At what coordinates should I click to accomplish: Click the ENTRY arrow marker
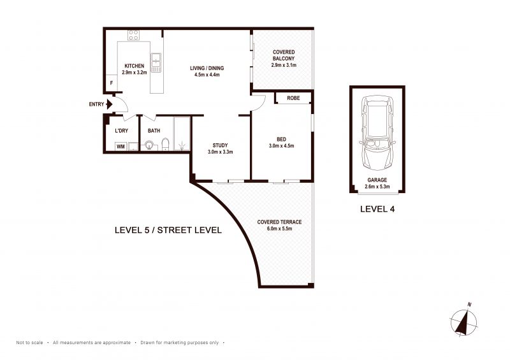(x=109, y=104)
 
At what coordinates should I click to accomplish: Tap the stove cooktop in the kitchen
(x=134, y=35)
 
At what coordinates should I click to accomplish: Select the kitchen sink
(x=156, y=63)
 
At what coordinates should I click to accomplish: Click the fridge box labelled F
(x=111, y=83)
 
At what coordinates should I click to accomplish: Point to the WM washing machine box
(x=120, y=147)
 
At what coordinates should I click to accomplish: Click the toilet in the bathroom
(x=166, y=145)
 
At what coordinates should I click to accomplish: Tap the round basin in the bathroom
(x=149, y=145)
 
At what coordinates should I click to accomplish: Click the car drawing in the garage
(x=377, y=133)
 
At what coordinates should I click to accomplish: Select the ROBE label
(x=293, y=98)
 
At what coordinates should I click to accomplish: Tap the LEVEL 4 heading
(x=377, y=209)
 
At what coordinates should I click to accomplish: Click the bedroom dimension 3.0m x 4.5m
(x=281, y=146)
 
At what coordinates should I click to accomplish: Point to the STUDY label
(x=220, y=145)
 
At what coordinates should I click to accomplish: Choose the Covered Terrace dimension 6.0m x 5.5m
(x=279, y=229)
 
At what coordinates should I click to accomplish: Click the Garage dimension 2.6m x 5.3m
(x=377, y=187)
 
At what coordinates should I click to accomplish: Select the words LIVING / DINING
(x=207, y=68)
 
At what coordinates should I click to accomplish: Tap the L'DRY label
(x=122, y=131)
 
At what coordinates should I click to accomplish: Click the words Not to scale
(x=29, y=342)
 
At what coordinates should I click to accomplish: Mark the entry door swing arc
(x=124, y=103)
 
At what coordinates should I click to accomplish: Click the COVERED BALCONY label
(x=284, y=55)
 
